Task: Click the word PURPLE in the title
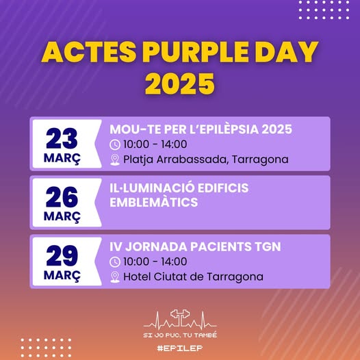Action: [196, 52]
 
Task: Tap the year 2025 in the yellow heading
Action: [180, 83]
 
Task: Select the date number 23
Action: [62, 138]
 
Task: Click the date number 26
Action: [62, 197]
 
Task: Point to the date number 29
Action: [62, 255]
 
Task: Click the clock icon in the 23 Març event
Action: [115, 145]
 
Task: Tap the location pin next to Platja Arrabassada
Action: [115, 159]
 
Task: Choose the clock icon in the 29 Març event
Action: [115, 262]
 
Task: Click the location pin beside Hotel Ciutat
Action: [115, 277]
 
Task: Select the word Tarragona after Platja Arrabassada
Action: [260, 159]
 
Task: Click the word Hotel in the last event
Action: [137, 277]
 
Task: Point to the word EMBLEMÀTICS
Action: [153, 203]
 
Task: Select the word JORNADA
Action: [156, 246]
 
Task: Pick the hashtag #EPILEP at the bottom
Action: [180, 348]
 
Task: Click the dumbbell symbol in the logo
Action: [180, 315]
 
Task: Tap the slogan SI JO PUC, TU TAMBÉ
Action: [180, 335]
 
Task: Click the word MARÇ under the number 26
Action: [62, 217]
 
